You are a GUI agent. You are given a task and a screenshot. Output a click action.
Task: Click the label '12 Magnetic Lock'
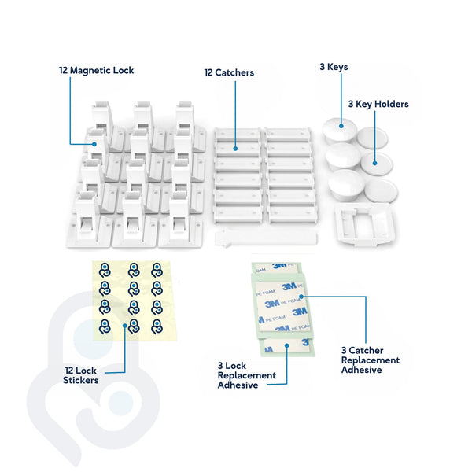click(96, 70)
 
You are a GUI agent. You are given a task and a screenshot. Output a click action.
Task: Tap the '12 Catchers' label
click(229, 73)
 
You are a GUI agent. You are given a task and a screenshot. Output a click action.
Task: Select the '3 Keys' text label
click(334, 67)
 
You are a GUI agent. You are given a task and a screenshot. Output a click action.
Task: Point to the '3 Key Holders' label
click(378, 104)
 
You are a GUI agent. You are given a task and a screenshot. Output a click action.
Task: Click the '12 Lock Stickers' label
click(81, 375)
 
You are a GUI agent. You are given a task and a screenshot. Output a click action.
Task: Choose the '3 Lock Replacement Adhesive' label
click(247, 375)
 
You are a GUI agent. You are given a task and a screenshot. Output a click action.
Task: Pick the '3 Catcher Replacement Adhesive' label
click(370, 360)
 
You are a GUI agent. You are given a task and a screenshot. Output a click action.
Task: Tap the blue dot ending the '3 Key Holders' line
click(374, 164)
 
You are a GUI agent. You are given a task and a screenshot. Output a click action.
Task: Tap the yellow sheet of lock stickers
click(131, 300)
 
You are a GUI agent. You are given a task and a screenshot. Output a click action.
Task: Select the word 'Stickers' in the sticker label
click(81, 381)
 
